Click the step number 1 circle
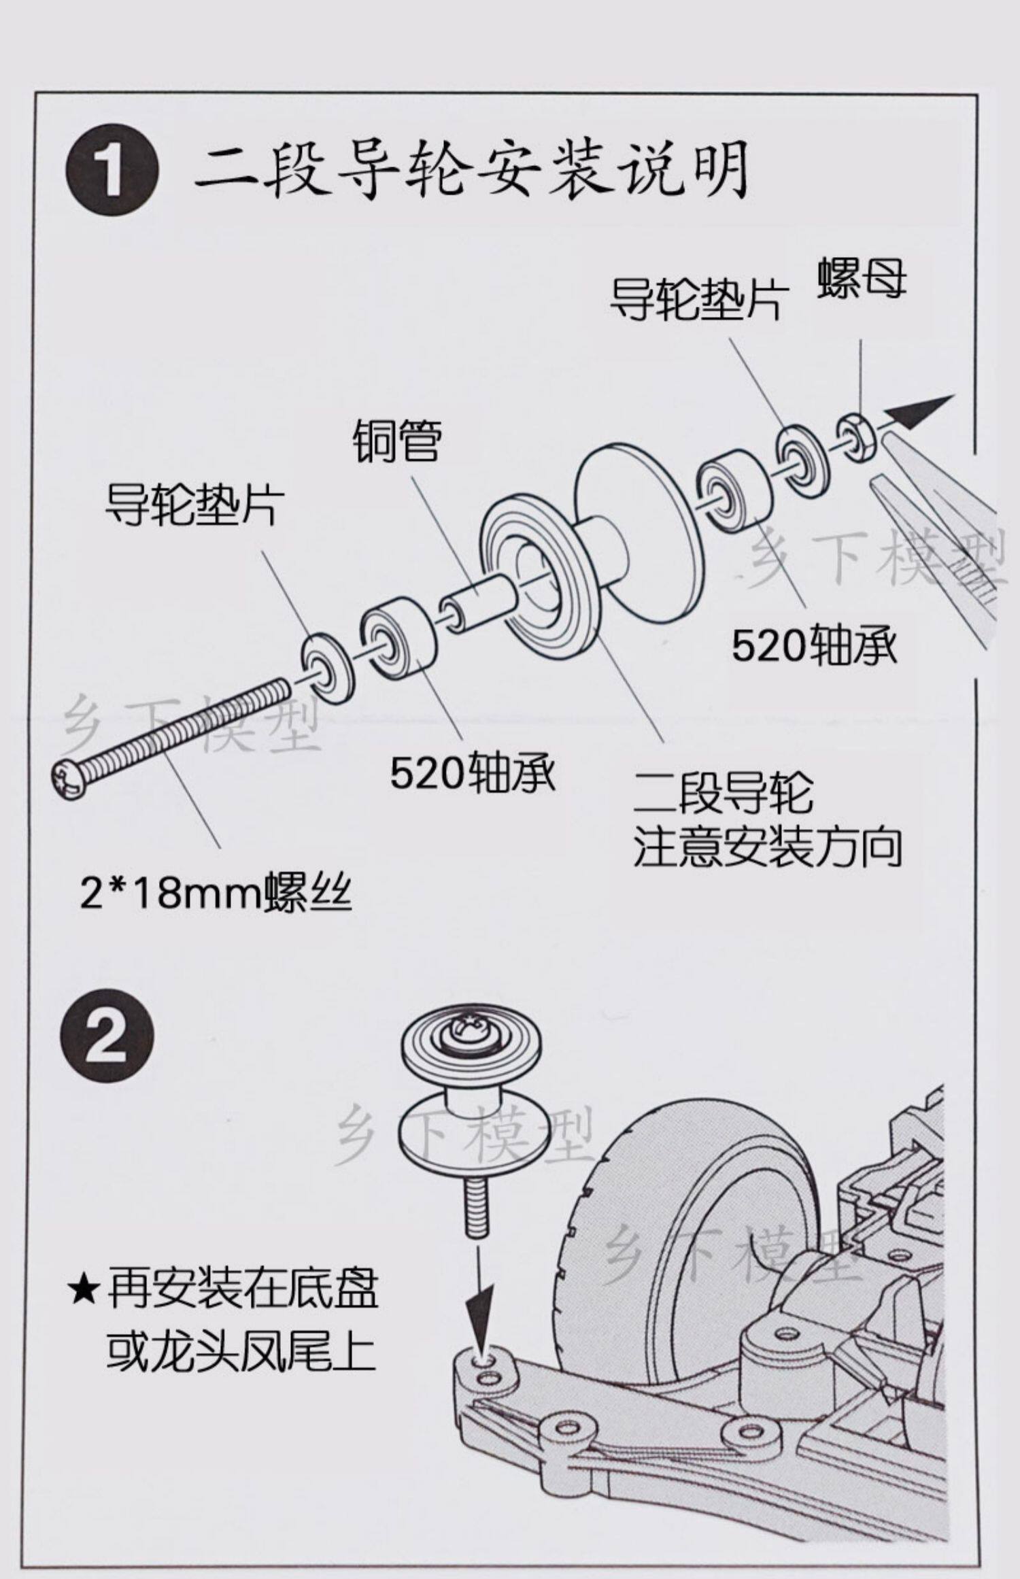click(112, 170)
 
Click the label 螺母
click(862, 277)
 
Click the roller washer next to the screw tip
click(328, 669)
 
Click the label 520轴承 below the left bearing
click(473, 772)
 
